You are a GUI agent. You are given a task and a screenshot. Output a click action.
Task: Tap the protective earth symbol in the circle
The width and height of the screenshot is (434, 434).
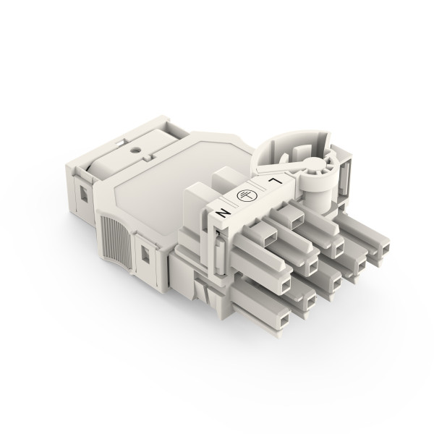click(245, 196)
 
